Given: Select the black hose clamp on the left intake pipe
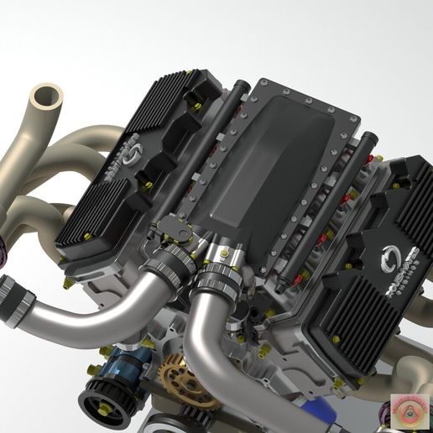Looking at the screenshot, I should [x=169, y=268].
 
